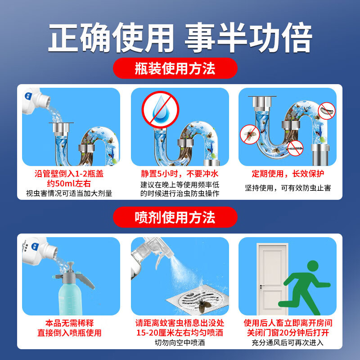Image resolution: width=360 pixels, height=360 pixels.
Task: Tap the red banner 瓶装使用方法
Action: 175,68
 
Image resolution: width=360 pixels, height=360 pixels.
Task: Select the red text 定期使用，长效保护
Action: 288,174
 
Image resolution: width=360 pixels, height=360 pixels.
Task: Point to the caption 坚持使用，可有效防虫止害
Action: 288,187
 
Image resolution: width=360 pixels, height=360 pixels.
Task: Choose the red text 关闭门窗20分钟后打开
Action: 288,333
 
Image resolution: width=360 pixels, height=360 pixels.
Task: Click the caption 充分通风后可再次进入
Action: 288,343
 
